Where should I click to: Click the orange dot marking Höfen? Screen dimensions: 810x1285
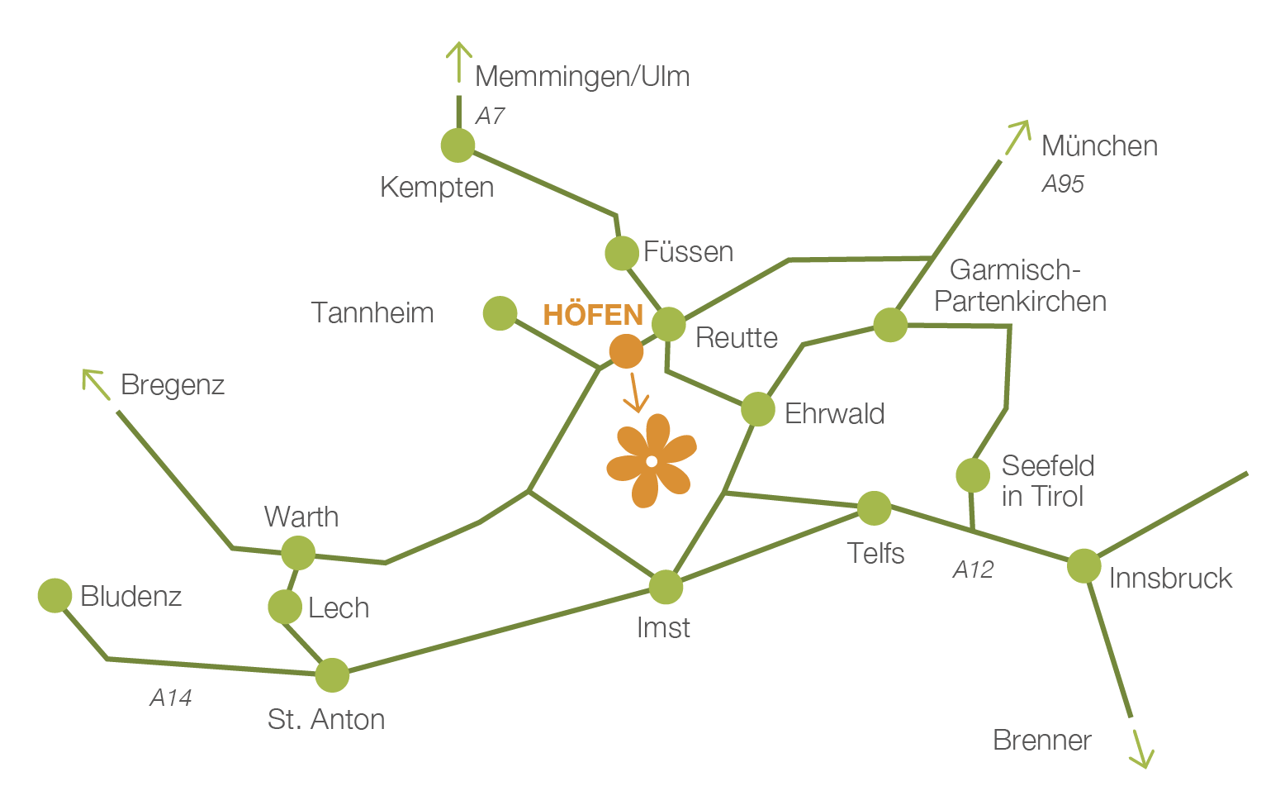coord(626,352)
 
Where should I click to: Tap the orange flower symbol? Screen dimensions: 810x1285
coord(652,460)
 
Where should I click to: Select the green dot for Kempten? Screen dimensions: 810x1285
coord(458,145)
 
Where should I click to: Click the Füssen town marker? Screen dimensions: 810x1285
coord(622,253)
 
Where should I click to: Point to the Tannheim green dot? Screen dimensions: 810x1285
coord(500,313)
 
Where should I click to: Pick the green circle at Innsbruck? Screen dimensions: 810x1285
coord(1083,566)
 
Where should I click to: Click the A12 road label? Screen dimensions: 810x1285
coord(973,569)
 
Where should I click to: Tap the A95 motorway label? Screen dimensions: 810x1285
coord(1062,183)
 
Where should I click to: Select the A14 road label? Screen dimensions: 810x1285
coord(171,698)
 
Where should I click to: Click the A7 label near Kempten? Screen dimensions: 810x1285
coord(490,116)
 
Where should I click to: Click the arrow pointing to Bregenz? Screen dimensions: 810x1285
coord(95,383)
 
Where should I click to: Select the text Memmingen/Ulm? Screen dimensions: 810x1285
coord(582,76)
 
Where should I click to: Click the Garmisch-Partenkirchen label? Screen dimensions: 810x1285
coord(1020,286)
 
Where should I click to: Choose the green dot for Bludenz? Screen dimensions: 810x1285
coord(55,595)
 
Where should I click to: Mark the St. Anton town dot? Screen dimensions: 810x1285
coord(332,675)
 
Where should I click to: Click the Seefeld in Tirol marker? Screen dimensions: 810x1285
coord(973,475)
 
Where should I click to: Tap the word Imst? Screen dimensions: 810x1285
coord(663,628)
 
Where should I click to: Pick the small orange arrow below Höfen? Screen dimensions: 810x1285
coord(634,393)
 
